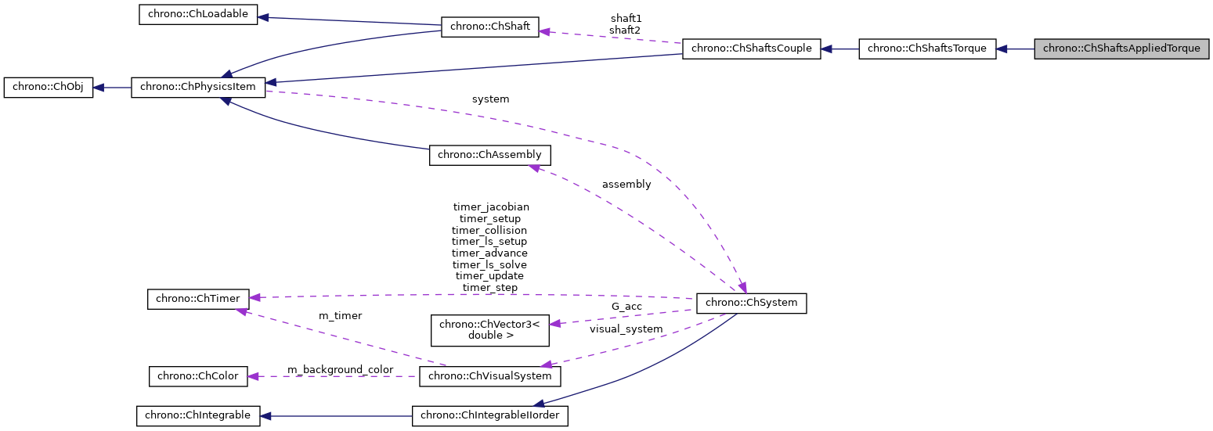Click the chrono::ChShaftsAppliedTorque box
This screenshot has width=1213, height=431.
1121,48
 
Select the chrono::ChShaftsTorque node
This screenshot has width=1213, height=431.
927,48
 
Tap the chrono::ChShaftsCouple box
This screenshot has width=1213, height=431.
752,48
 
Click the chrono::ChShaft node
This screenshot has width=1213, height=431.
490,27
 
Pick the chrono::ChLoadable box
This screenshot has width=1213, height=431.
198,15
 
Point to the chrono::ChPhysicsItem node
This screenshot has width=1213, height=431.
198,88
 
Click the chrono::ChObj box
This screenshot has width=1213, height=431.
49,88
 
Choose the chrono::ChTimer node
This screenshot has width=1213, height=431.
199,298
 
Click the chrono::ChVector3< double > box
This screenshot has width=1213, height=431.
489,329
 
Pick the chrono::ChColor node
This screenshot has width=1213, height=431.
199,376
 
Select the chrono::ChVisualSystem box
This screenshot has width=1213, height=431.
490,376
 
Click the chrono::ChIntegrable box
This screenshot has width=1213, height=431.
197,415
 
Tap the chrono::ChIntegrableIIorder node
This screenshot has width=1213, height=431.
490,415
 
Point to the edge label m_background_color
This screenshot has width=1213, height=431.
340,369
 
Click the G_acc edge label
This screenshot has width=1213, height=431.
626,307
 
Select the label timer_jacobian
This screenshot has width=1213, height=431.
491,207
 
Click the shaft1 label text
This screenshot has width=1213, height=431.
626,18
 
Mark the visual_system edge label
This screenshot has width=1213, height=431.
626,329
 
